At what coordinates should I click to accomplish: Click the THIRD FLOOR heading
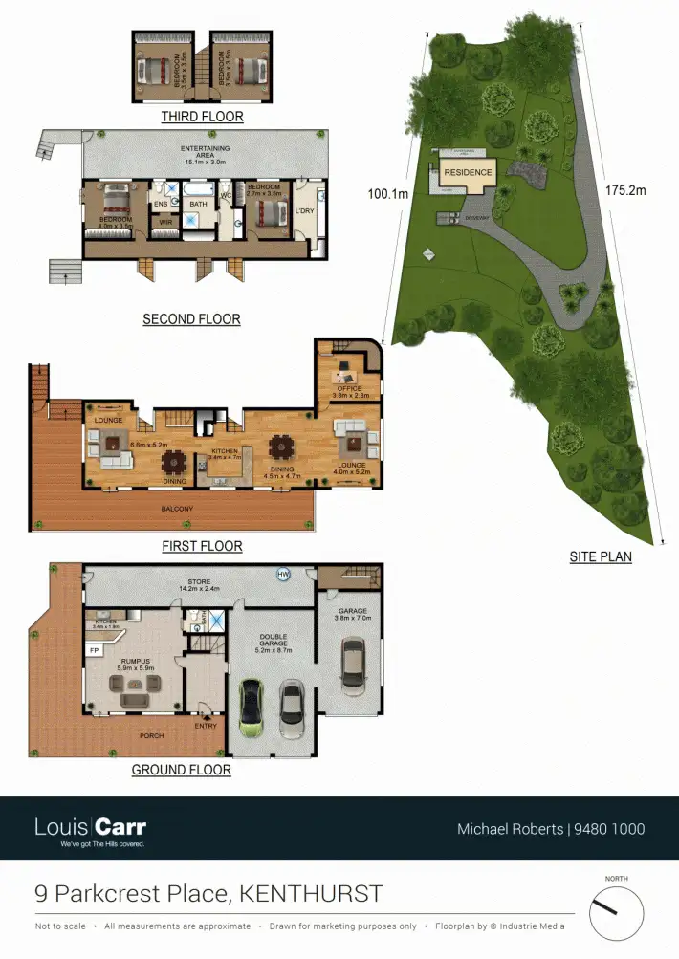(x=202, y=117)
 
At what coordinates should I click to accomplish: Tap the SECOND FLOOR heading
(x=191, y=319)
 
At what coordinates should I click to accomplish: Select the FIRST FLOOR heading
(x=201, y=547)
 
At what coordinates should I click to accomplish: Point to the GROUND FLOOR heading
(x=182, y=770)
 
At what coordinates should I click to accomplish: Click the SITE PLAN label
(x=601, y=556)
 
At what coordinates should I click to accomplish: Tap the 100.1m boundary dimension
(x=388, y=193)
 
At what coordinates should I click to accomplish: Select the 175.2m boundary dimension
(x=625, y=190)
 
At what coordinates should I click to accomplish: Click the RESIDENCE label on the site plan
(x=468, y=173)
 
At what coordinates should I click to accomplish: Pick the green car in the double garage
(x=252, y=708)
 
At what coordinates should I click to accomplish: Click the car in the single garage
(x=352, y=666)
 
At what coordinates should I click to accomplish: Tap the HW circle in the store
(x=283, y=575)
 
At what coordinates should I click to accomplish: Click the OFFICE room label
(x=348, y=387)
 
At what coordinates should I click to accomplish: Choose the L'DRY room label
(x=305, y=210)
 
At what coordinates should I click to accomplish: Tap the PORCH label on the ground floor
(x=151, y=735)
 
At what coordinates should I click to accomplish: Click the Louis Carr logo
(x=91, y=828)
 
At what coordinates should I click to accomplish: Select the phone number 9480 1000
(x=609, y=829)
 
